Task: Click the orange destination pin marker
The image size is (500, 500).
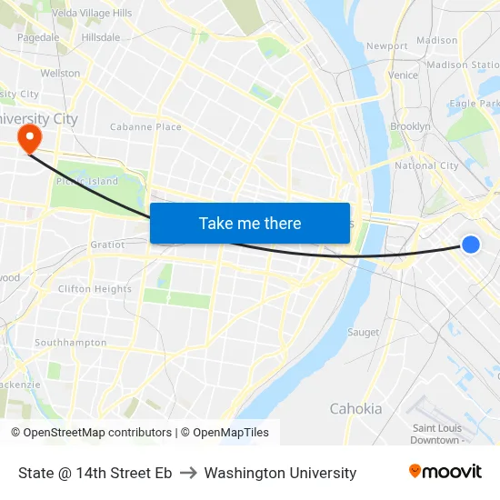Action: click(x=29, y=139)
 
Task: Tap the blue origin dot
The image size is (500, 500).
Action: click(x=470, y=244)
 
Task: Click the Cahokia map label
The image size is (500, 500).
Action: click(x=355, y=408)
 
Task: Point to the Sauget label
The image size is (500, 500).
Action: click(x=363, y=333)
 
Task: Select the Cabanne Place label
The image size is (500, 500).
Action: click(x=145, y=127)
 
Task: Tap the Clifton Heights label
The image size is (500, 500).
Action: click(x=95, y=289)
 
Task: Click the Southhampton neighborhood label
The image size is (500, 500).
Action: click(x=70, y=343)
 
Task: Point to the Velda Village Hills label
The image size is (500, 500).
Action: click(x=92, y=13)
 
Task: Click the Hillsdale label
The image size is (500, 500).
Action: click(x=101, y=37)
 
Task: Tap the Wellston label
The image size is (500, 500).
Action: click(x=60, y=73)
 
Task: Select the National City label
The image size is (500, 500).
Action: click(x=426, y=166)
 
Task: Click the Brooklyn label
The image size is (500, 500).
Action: click(x=410, y=126)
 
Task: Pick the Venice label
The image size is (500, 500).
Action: click(x=403, y=75)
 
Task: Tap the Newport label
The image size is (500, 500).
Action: click(x=386, y=45)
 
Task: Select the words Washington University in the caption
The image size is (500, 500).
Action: click(x=280, y=473)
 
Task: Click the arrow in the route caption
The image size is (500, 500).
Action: click(x=187, y=473)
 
